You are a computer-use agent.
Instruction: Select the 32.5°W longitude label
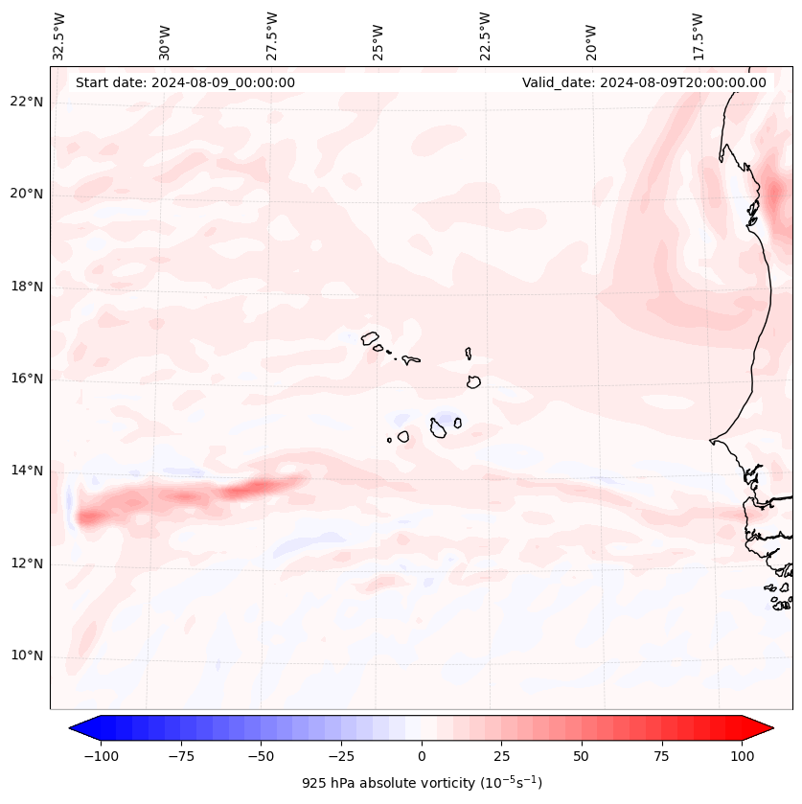coord(59,35)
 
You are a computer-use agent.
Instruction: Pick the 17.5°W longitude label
coord(698,35)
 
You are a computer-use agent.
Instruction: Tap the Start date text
coord(185,82)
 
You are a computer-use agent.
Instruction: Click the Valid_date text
coord(644,82)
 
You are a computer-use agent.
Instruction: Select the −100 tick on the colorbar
coord(101,756)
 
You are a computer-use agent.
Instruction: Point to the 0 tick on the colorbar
coord(422,756)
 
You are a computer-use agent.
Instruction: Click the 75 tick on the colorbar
coord(662,756)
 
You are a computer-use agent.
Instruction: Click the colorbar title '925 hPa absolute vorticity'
coord(422,783)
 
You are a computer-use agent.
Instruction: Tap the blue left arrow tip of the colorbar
coord(72,729)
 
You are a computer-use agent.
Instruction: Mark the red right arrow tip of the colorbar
coord(771,729)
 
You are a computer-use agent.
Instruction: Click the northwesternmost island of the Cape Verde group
coord(370,337)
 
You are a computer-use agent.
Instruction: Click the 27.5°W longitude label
coord(272,35)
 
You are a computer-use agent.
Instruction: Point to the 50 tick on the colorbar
coord(582,756)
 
